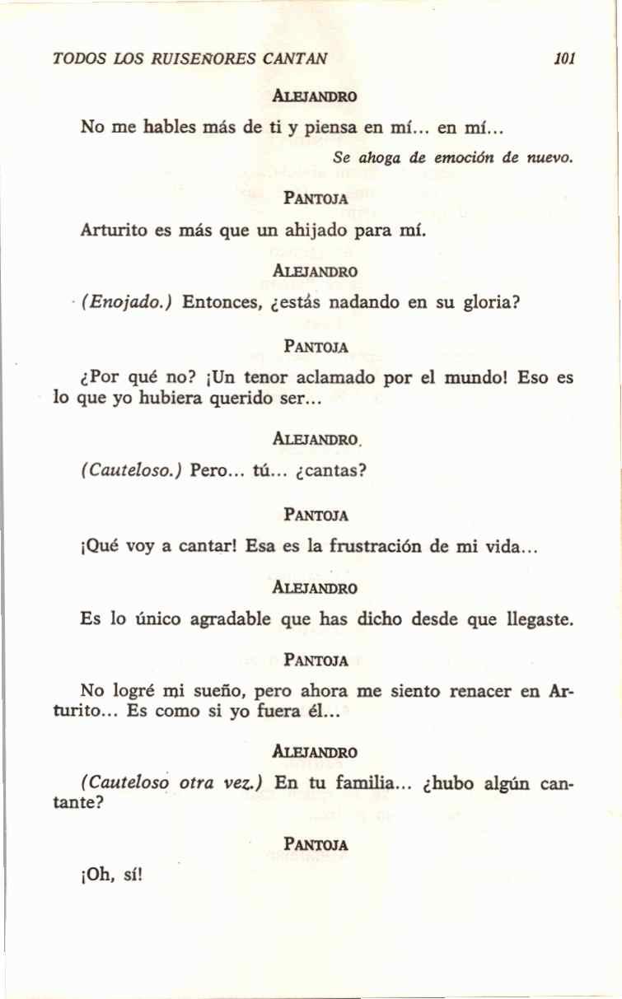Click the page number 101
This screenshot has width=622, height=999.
click(564, 59)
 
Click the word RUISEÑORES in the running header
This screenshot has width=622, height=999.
click(206, 59)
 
